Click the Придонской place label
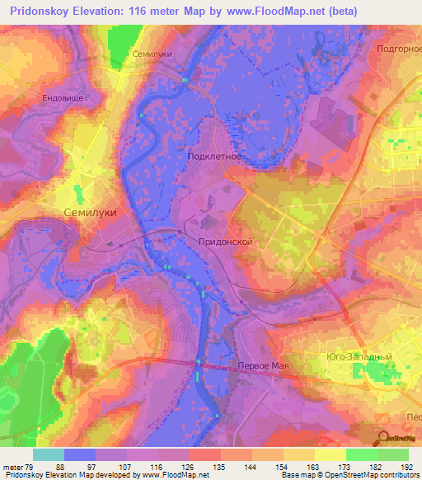(x=225, y=242)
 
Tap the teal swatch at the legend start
(x=48, y=454)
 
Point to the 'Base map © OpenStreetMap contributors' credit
(x=349, y=475)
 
